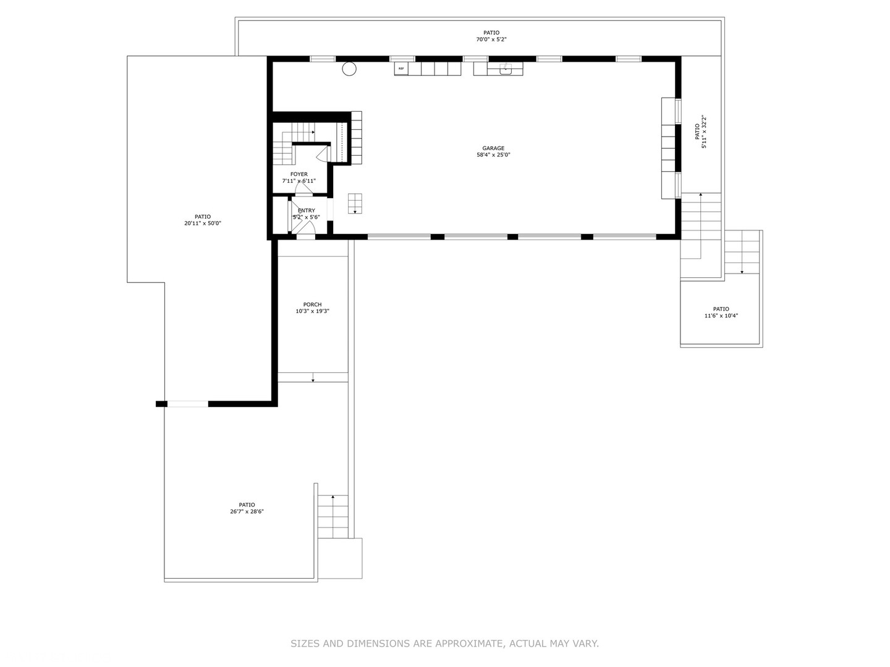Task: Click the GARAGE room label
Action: coord(493,148)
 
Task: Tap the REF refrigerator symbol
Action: coord(401,69)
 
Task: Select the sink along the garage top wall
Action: coord(506,69)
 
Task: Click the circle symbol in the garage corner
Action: coord(349,69)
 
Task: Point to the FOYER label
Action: coord(299,174)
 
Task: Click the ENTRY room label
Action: coord(306,211)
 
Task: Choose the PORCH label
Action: coord(312,304)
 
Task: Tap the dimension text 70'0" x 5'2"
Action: coord(491,40)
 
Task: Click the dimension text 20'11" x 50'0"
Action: coord(202,224)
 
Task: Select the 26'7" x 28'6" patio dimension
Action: coord(247,511)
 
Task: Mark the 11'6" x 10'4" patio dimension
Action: coord(721,316)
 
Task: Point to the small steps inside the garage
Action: coord(355,203)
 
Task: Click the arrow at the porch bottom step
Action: coord(313,377)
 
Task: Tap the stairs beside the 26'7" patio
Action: coord(333,516)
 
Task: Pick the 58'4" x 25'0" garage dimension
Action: coord(493,155)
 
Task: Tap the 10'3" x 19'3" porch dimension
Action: coord(312,311)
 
